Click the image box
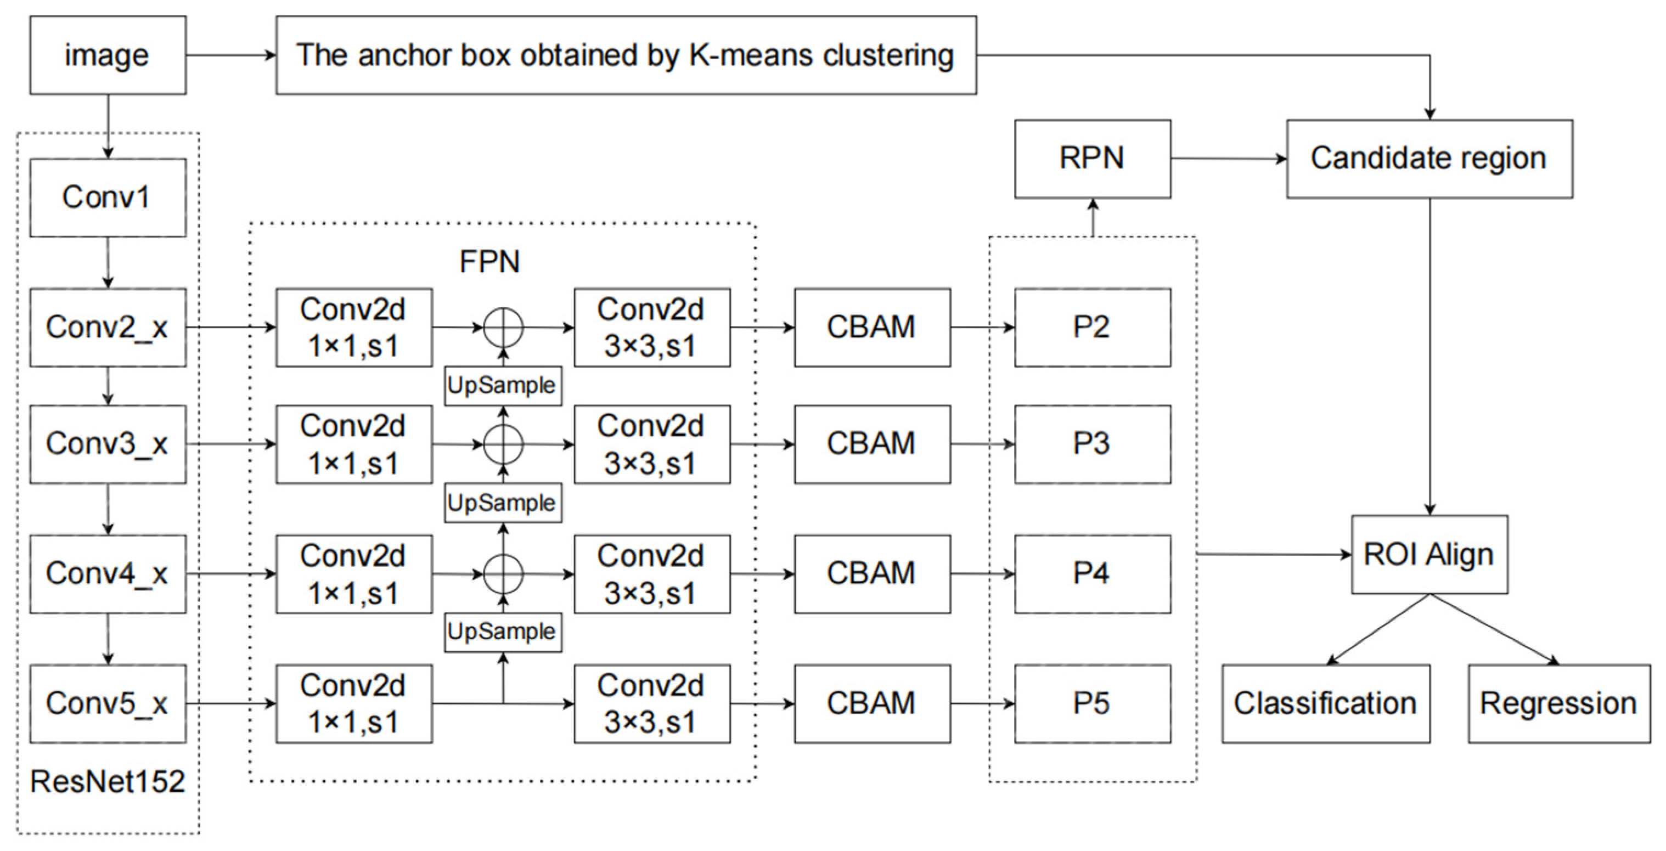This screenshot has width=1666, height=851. pos(108,55)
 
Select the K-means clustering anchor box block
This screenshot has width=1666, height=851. pos(626,55)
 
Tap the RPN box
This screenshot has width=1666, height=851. pos(1093,159)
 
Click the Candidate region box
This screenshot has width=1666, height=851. pos(1429,159)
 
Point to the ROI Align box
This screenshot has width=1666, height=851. pos(1429,554)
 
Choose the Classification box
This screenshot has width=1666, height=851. pos(1325,703)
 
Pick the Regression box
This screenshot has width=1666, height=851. pos(1558,703)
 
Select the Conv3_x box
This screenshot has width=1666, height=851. pos(108,444)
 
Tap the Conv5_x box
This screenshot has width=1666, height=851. pos(108,703)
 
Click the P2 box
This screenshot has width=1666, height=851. pos(1093,327)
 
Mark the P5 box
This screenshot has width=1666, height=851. pos(1093,703)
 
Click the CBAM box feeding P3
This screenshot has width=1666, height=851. pos(872,444)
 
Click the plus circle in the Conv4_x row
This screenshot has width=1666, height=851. pos(503,573)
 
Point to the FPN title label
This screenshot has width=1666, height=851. pos(489,262)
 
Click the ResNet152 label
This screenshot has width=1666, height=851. pos(108,782)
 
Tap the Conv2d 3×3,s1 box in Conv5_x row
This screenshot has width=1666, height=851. pos(652,703)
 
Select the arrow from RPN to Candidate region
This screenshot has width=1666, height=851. pos(1228,159)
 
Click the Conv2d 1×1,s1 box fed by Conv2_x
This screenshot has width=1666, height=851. pos(354,327)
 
